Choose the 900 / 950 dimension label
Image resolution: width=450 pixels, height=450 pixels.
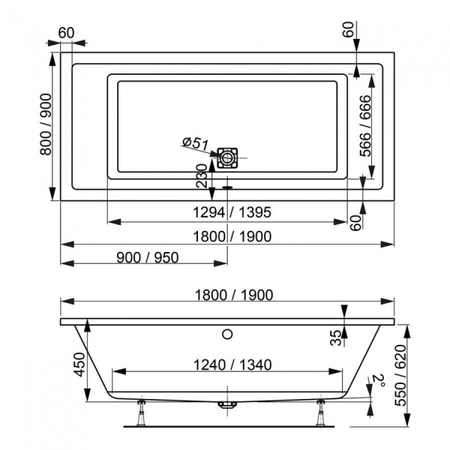coord(148,256)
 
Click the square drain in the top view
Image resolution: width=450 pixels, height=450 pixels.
coord(227,157)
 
